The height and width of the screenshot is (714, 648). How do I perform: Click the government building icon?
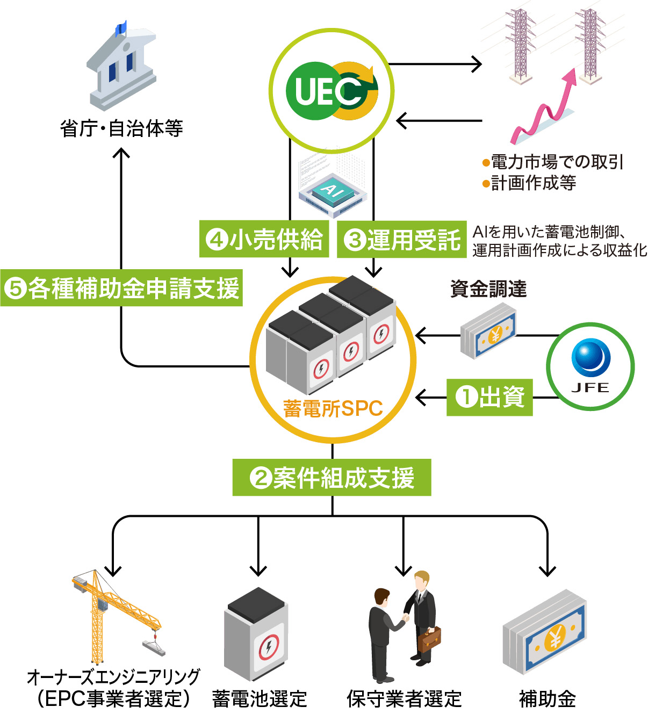point(121,67)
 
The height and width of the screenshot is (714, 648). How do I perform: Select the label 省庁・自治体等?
point(121,129)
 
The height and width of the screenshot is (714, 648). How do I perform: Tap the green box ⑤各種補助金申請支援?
point(121,289)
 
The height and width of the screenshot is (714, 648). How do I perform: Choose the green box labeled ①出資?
point(489,398)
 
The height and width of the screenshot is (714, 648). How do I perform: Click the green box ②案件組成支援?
point(332,478)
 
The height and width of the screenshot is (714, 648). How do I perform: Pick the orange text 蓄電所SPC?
point(333,409)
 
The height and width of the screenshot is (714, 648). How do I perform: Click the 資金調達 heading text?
point(488,289)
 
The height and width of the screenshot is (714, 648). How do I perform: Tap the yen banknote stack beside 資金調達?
point(488,330)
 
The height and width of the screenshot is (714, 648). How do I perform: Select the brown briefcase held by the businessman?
point(429,639)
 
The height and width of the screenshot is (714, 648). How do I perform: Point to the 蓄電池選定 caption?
point(260,699)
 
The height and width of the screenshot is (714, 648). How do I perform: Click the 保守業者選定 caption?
point(404,699)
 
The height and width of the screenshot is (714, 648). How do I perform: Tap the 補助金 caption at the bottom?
point(548,699)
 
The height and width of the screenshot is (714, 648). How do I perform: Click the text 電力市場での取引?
point(557,162)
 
